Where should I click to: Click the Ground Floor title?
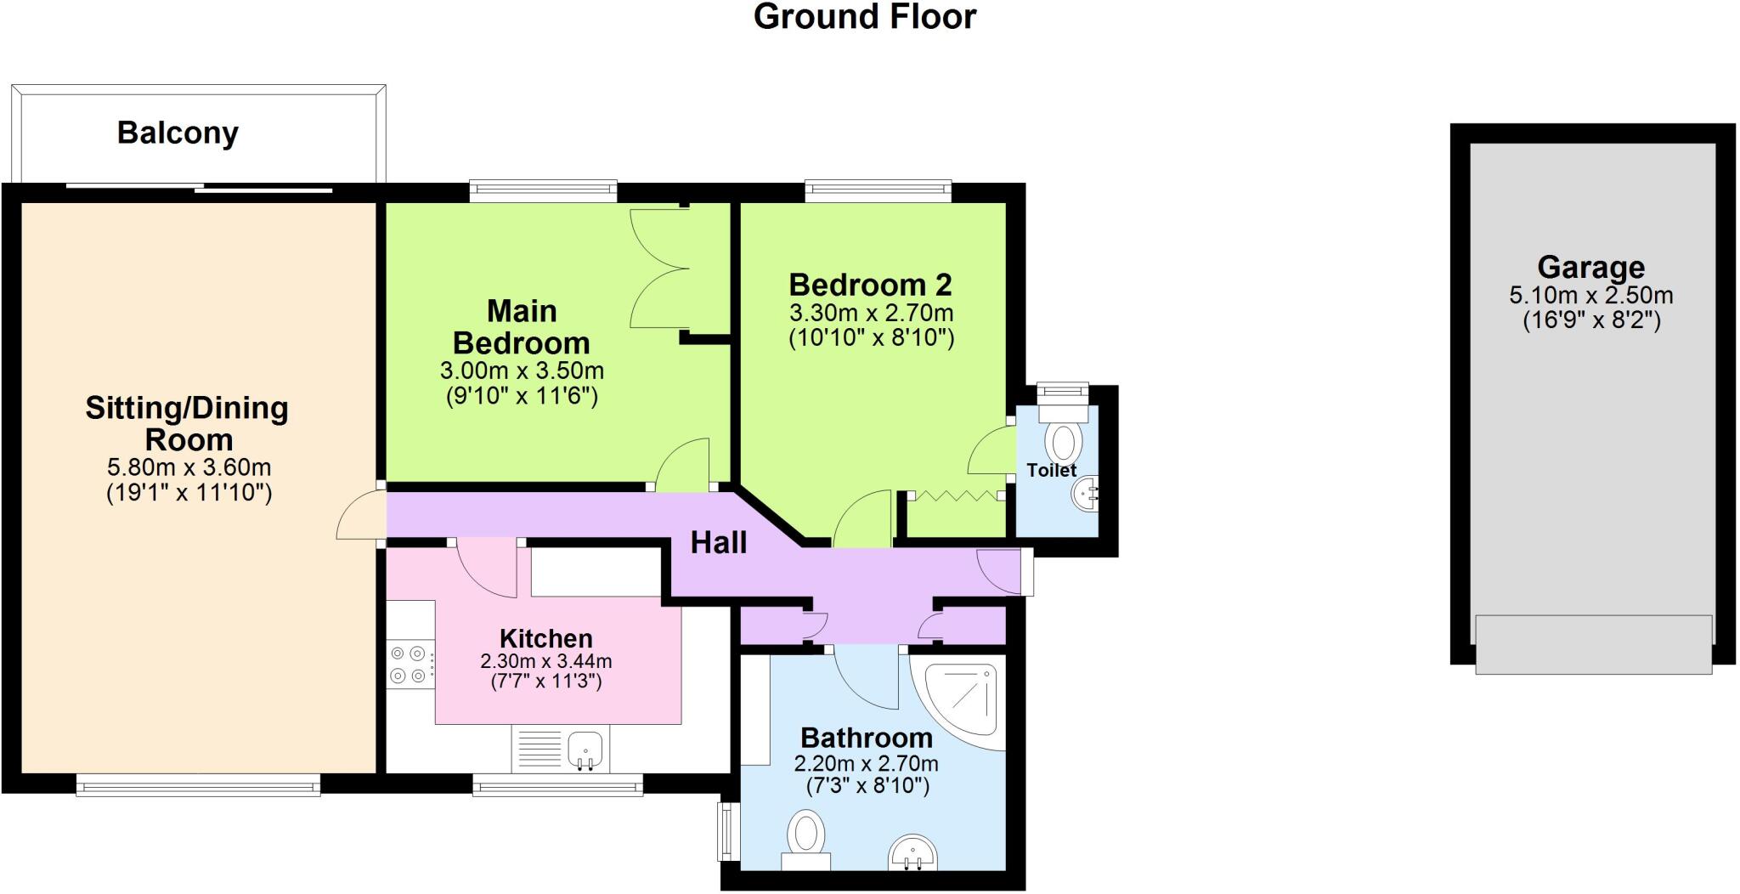pos(864,17)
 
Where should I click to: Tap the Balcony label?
pos(178,133)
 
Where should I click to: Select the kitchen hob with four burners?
pos(408,665)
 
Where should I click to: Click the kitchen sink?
pos(585,749)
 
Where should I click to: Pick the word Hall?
pos(718,542)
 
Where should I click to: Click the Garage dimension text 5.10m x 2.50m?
pos(1590,296)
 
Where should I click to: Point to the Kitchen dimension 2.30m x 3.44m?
pos(545,661)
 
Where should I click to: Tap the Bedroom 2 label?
pos(870,284)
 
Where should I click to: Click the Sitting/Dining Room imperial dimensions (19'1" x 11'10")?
pos(189,493)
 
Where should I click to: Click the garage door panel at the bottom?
pos(1593,643)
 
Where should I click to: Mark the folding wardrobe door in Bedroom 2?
pos(954,495)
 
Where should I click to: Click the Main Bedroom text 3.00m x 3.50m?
pos(522,371)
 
